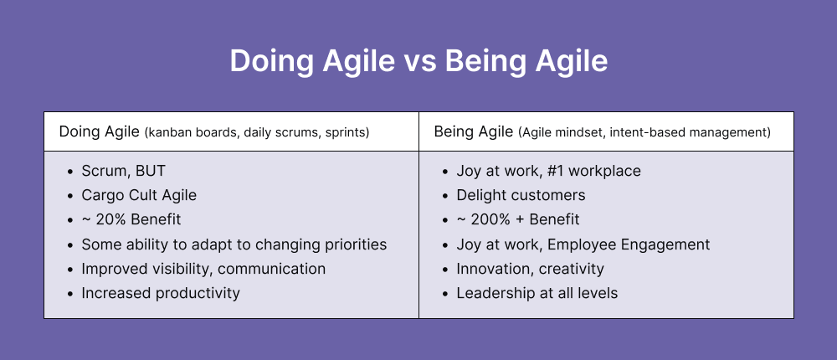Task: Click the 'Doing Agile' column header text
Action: pos(99,131)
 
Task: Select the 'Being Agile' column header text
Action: pos(472,131)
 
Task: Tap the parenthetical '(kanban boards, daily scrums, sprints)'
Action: pos(257,132)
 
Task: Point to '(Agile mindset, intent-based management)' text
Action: pos(644,132)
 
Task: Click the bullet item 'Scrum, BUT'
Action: pos(123,171)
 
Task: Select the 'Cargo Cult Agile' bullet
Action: pos(138,195)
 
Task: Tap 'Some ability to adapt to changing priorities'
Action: pos(234,244)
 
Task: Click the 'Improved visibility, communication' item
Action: pos(203,269)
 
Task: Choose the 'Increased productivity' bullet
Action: pos(160,293)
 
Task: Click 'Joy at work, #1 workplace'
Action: pos(548,171)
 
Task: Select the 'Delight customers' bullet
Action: pos(521,195)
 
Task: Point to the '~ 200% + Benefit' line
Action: pos(518,219)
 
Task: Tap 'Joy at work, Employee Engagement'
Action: pos(583,244)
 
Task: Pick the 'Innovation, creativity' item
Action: pos(530,269)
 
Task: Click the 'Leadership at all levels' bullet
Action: pos(537,293)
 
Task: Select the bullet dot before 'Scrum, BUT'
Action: pos(69,172)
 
